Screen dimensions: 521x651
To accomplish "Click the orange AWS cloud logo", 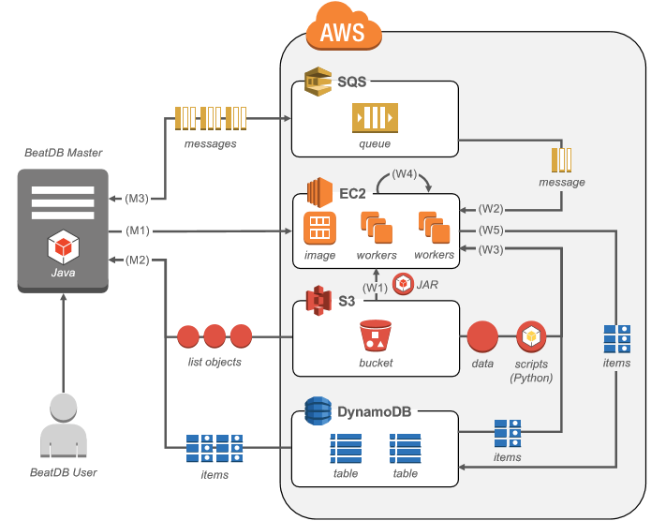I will point(345,30).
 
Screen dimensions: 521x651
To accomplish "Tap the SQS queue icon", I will point(375,118).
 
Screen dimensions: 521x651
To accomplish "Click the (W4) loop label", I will point(406,173).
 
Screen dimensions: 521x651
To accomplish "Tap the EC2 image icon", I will point(319,228).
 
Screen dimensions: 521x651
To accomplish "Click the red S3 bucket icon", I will point(375,336).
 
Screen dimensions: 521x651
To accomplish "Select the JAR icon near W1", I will point(404,283).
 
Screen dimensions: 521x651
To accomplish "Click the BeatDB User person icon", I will point(64,426).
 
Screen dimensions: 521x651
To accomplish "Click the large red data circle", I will point(482,336).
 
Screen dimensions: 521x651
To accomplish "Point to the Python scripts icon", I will point(531,336).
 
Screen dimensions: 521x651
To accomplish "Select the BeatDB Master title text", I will point(64,153).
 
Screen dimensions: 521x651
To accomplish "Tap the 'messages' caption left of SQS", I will point(211,143).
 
